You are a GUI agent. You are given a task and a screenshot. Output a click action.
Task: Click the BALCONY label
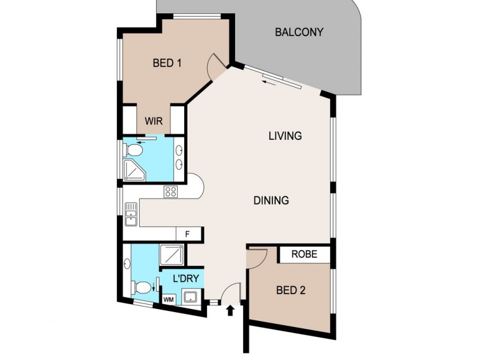pyautogui.click(x=299, y=32)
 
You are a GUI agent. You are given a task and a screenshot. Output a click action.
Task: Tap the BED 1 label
pyautogui.click(x=167, y=62)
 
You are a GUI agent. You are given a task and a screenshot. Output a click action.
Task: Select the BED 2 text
pyautogui.click(x=291, y=290)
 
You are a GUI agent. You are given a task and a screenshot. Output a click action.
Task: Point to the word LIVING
pyautogui.click(x=284, y=136)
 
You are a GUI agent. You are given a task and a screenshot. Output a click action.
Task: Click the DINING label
pyautogui.click(x=271, y=200)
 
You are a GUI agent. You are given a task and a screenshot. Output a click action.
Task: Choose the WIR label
pyautogui.click(x=153, y=121)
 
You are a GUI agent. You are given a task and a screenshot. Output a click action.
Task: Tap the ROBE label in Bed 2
pyautogui.click(x=304, y=254)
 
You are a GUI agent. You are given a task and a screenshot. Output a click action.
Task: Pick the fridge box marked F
pyautogui.click(x=187, y=235)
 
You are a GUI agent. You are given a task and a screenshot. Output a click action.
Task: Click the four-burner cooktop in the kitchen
pyautogui.click(x=171, y=192)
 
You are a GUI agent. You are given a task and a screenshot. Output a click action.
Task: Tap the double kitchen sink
pyautogui.click(x=131, y=215)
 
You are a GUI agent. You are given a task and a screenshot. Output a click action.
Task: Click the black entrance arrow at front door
pyautogui.click(x=230, y=310)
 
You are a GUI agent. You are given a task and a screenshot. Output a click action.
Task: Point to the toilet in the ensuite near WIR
pyautogui.click(x=134, y=149)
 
